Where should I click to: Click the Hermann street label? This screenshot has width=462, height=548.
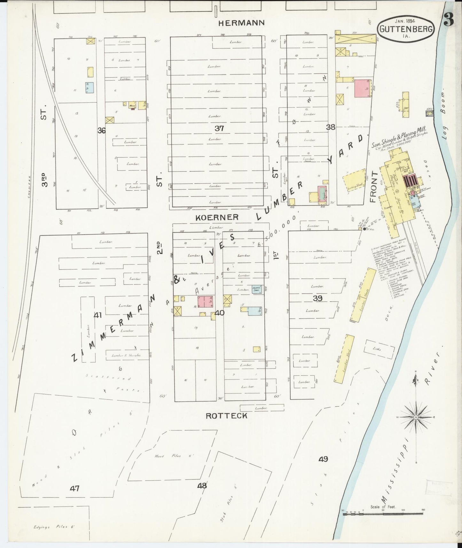click(x=242, y=23)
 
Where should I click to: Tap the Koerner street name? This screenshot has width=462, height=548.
click(x=217, y=217)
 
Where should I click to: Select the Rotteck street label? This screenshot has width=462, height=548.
click(x=226, y=416)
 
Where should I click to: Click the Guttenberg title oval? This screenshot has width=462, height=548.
click(x=406, y=29)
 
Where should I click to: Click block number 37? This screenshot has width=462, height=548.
click(x=219, y=129)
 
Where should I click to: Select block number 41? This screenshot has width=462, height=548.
click(x=98, y=315)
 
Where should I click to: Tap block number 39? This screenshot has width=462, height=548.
click(x=317, y=298)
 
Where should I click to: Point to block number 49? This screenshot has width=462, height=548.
click(x=323, y=459)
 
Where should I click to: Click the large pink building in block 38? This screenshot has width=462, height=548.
click(x=362, y=88)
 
